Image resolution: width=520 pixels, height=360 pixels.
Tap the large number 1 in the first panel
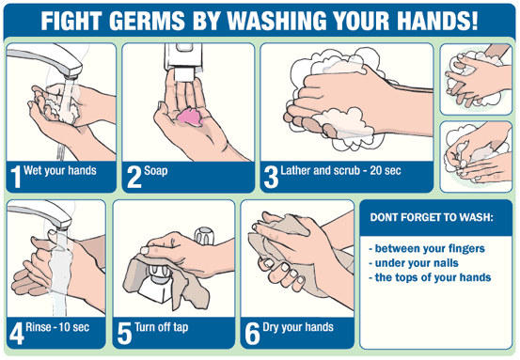[x=17, y=176]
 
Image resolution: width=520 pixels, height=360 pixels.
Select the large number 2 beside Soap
[x=135, y=176]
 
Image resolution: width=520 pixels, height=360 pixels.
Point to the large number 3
[x=271, y=176]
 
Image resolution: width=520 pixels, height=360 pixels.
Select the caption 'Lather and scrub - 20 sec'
[x=340, y=172]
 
